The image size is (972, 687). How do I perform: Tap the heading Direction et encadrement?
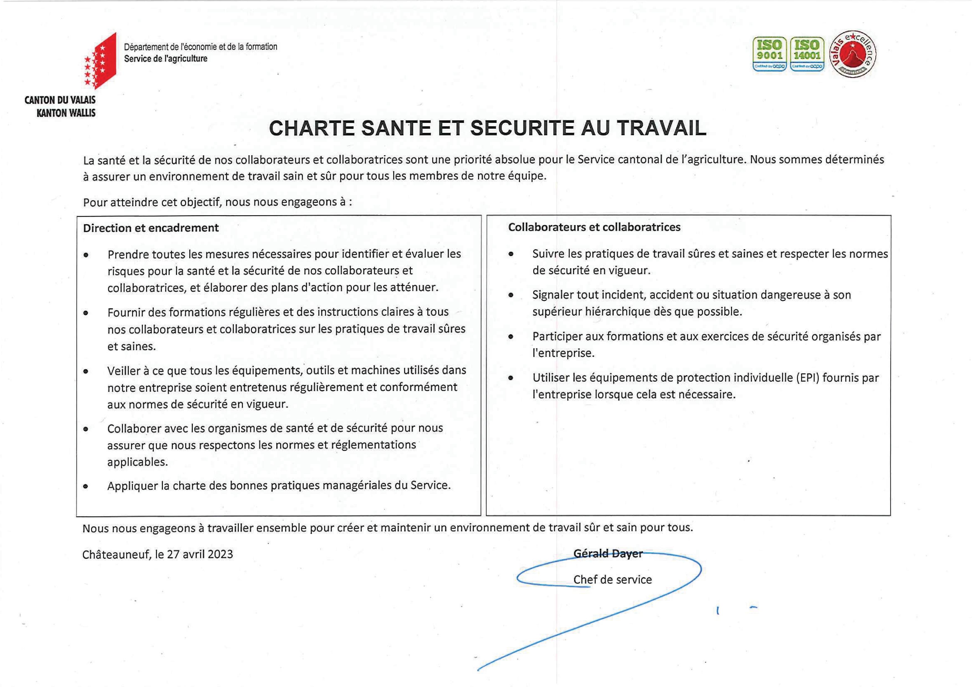(151, 228)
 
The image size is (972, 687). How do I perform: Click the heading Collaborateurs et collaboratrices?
(594, 227)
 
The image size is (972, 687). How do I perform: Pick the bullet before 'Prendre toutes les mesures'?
(86, 255)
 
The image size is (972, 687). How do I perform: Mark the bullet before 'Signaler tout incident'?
(511, 295)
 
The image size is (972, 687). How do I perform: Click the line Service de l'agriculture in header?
(165, 59)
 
